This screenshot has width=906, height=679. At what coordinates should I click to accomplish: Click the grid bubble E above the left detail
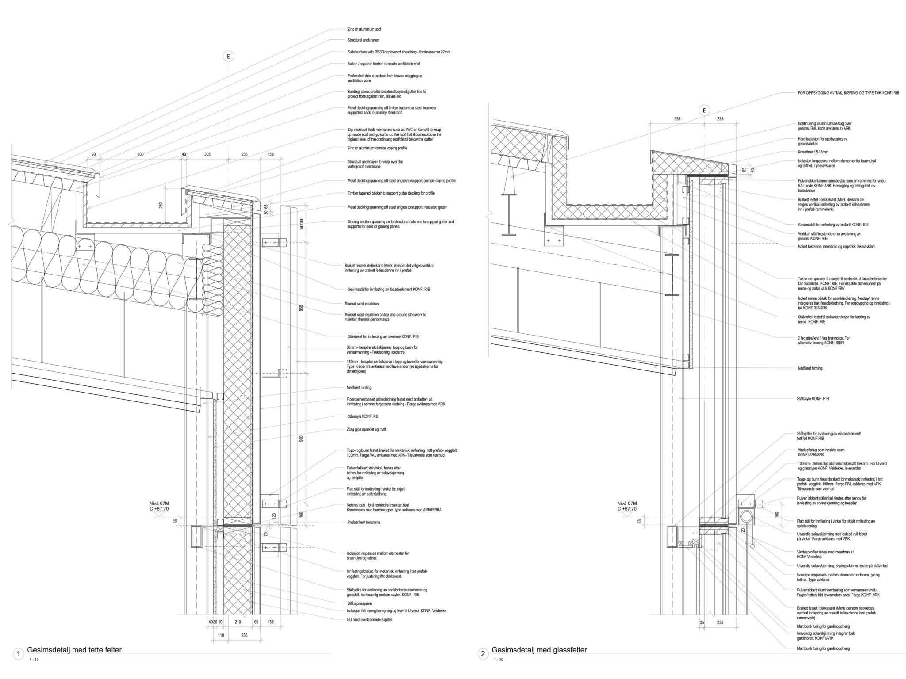pos(228,57)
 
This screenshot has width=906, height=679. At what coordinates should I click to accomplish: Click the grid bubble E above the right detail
pos(703,111)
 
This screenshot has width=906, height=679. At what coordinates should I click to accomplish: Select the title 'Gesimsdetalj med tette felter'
pos(74,650)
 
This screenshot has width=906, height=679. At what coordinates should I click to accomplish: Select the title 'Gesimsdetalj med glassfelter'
pos(539,650)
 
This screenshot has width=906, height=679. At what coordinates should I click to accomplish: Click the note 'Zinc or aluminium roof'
pos(364,29)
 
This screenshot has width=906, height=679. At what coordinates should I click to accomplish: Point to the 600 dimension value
pos(140,154)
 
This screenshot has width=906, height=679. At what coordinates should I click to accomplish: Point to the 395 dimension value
pos(677,119)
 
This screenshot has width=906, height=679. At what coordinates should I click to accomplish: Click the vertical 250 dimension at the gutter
pos(161,205)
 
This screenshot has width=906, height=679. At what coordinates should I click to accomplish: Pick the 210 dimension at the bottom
pos(238,622)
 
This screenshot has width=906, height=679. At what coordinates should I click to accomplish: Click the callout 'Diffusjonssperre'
pos(359,603)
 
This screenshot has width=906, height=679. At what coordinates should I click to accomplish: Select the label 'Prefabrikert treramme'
pos(364,523)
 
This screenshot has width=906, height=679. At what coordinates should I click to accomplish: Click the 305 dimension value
pos(207,154)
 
